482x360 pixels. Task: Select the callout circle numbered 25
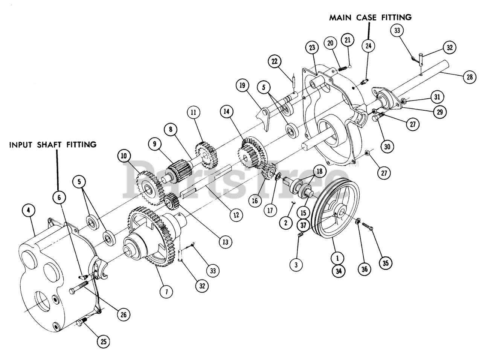tap(104, 341)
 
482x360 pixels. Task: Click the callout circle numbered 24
tap(368, 46)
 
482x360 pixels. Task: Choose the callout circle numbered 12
tap(236, 215)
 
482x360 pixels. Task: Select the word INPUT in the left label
tap(22, 145)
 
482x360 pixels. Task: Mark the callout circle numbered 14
tap(228, 112)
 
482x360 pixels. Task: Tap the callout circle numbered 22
tap(275, 61)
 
